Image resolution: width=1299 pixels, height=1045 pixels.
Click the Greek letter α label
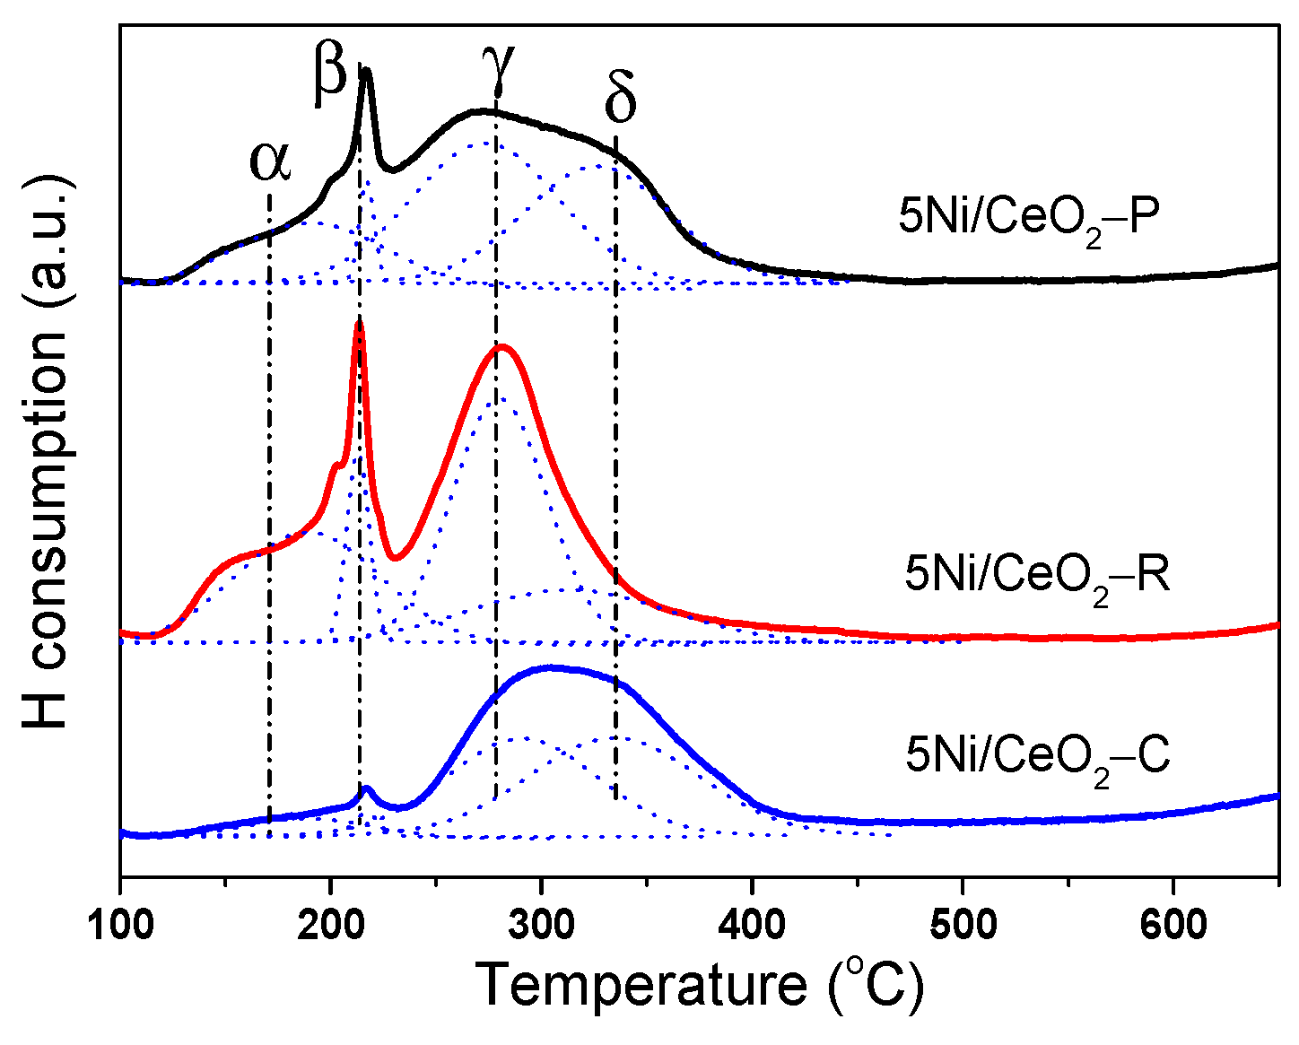(x=270, y=161)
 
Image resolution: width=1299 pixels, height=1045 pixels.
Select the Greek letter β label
(x=329, y=74)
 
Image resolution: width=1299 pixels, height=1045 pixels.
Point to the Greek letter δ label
(x=620, y=99)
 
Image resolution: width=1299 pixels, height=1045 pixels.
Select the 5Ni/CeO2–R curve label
(x=1037, y=575)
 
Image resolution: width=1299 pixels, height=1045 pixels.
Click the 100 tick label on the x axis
(x=120, y=924)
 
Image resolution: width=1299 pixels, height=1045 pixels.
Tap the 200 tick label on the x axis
(x=331, y=924)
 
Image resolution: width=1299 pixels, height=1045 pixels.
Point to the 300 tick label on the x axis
(x=541, y=924)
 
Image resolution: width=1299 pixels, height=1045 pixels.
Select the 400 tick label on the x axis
(x=752, y=924)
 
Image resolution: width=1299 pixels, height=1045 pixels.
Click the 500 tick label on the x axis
(x=963, y=924)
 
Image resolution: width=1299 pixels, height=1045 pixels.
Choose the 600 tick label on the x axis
(x=1173, y=924)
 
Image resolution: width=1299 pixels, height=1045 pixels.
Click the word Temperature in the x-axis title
(x=641, y=985)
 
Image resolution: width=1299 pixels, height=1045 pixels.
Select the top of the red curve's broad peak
(x=502, y=346)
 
